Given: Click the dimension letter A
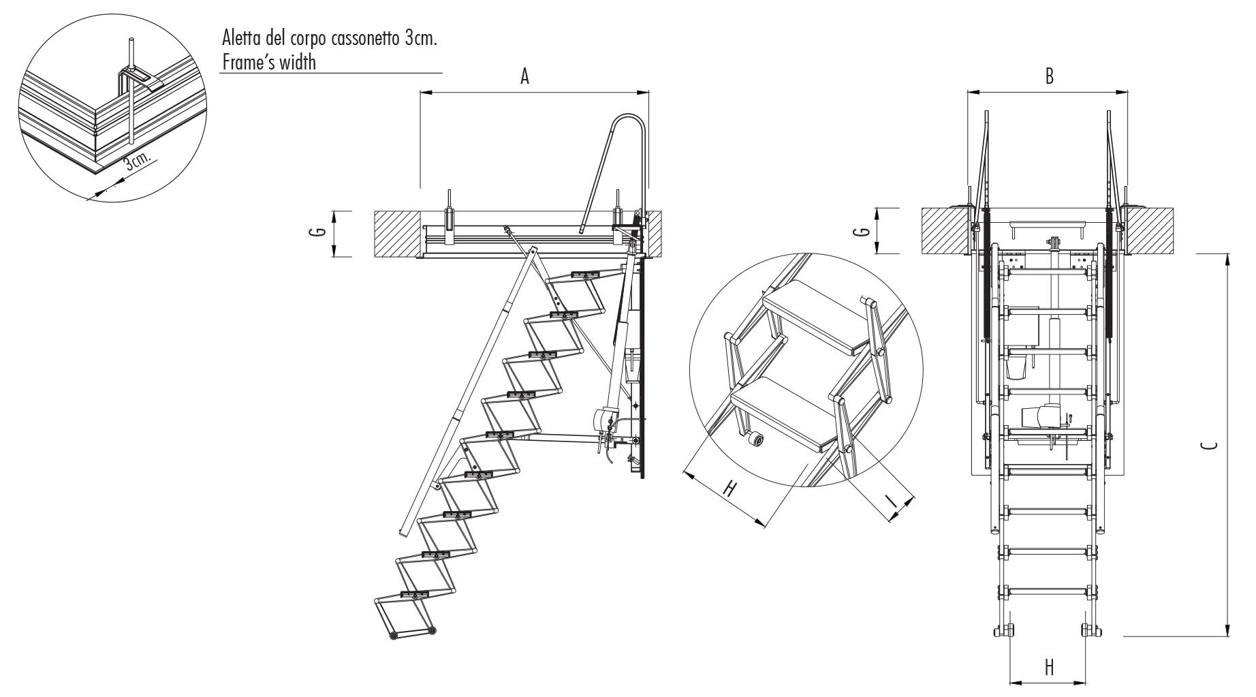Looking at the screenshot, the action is (524, 77).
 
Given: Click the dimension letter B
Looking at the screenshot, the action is (1050, 76).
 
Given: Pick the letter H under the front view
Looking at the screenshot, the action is (1050, 667).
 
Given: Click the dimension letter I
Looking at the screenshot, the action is (890, 499).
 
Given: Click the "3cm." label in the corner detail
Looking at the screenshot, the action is (138, 164).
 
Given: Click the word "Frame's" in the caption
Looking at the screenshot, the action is (248, 62).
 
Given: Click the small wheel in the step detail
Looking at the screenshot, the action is (755, 441).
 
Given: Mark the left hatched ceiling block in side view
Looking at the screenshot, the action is (396, 234).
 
